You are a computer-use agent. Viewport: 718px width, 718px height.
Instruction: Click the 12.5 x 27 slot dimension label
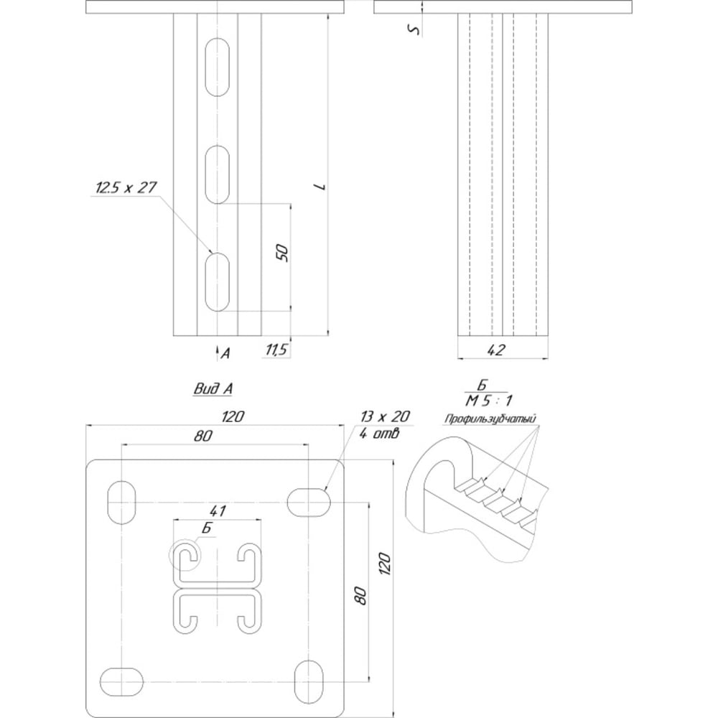click(126, 187)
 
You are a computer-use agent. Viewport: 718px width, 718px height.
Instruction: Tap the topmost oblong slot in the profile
click(217, 67)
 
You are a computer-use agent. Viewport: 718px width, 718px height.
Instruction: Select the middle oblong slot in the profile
click(217, 174)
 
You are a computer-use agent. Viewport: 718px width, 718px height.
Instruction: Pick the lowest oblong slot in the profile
click(217, 281)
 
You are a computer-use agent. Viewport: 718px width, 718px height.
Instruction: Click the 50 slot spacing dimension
click(282, 253)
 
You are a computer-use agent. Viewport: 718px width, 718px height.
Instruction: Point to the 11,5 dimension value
click(276, 350)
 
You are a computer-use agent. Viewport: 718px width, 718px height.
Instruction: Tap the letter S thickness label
click(414, 29)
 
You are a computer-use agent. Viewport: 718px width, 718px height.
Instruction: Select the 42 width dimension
click(496, 350)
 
